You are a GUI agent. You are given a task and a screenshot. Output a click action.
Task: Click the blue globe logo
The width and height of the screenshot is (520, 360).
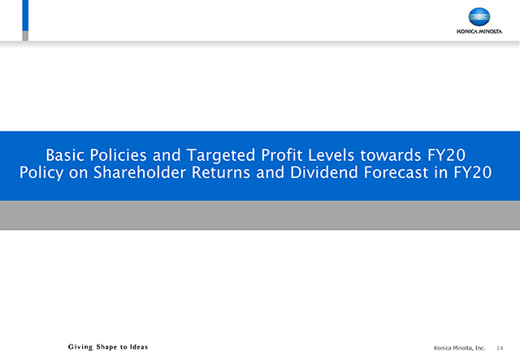coord(479,16)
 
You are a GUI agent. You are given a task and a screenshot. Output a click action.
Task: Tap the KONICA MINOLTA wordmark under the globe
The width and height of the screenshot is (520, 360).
coord(479,32)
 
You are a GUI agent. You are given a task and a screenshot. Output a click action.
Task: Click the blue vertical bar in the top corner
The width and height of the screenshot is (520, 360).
coord(25,15)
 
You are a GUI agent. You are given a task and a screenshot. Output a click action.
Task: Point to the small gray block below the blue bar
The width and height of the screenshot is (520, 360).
coord(25,36)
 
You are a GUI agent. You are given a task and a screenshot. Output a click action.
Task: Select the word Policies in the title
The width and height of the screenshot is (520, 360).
coord(118,155)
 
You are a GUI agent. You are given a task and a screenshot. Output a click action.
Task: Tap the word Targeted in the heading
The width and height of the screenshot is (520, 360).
coord(221,155)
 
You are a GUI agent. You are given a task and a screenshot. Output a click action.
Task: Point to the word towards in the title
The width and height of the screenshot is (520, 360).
coord(391,155)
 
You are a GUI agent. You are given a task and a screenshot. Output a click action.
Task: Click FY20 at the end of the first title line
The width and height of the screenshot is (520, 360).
coord(446,155)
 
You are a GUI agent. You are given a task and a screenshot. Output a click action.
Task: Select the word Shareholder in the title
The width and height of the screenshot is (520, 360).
coord(139,172)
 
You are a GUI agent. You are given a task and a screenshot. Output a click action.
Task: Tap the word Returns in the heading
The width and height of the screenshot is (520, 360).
coord(221,172)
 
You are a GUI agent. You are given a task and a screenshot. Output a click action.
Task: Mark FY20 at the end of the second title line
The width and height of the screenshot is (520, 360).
coord(473,172)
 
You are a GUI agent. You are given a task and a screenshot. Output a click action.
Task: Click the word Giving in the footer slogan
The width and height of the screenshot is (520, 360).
coord(80,347)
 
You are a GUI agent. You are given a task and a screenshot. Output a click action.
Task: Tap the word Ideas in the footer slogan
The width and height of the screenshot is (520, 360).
coord(139,347)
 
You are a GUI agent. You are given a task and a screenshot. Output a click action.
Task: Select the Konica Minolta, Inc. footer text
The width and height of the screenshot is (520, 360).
coord(459,348)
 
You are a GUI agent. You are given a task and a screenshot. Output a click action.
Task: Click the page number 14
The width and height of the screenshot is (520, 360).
coord(500,348)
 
